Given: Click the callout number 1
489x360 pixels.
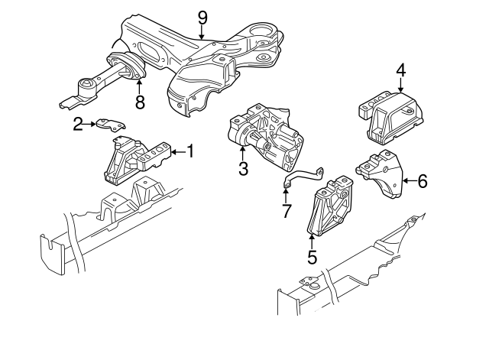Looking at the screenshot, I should pyautogui.click(x=190, y=151).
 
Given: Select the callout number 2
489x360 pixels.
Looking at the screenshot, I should pyautogui.click(x=78, y=123).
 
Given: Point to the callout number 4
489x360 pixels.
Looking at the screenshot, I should pyautogui.click(x=400, y=70).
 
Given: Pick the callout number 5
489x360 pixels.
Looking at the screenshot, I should pyautogui.click(x=312, y=257).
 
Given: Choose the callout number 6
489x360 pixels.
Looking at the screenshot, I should pyautogui.click(x=423, y=181).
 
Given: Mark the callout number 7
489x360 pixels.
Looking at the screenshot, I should pyautogui.click(x=287, y=210).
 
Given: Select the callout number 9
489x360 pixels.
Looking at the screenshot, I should pyautogui.click(x=202, y=15).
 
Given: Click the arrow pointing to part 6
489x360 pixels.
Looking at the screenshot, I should pyautogui.click(x=408, y=181).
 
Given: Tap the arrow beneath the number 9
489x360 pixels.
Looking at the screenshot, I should pyautogui.click(x=202, y=32).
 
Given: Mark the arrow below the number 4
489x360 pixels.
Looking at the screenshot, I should pyautogui.click(x=400, y=88).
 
